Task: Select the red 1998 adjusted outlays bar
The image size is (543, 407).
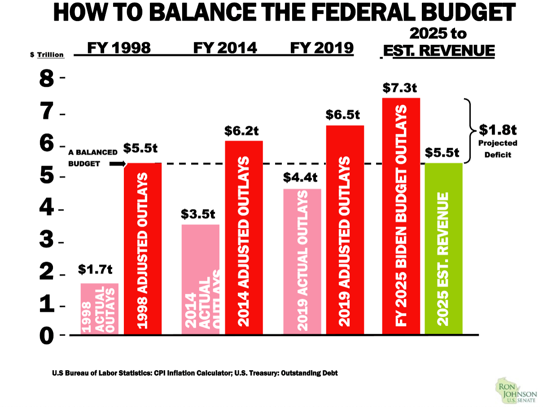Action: pos(143,249)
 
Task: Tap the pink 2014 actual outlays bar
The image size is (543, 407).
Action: pos(201,279)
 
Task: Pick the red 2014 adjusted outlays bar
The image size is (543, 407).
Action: pos(244,238)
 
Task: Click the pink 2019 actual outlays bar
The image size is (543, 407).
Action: pos(302,262)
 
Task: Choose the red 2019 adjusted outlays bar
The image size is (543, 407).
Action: pos(345,230)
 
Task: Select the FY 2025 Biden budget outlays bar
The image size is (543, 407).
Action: pos(401,216)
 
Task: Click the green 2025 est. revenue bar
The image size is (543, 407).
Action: pos(443,249)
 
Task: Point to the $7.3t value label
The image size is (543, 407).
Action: pos(400,88)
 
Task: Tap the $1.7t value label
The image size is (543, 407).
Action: pos(95,269)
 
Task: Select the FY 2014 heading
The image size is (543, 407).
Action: pos(225,48)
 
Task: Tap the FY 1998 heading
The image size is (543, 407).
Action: pos(118,48)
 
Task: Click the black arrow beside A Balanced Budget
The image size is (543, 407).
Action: pos(116,164)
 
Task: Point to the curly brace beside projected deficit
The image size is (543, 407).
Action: pos(471,130)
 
